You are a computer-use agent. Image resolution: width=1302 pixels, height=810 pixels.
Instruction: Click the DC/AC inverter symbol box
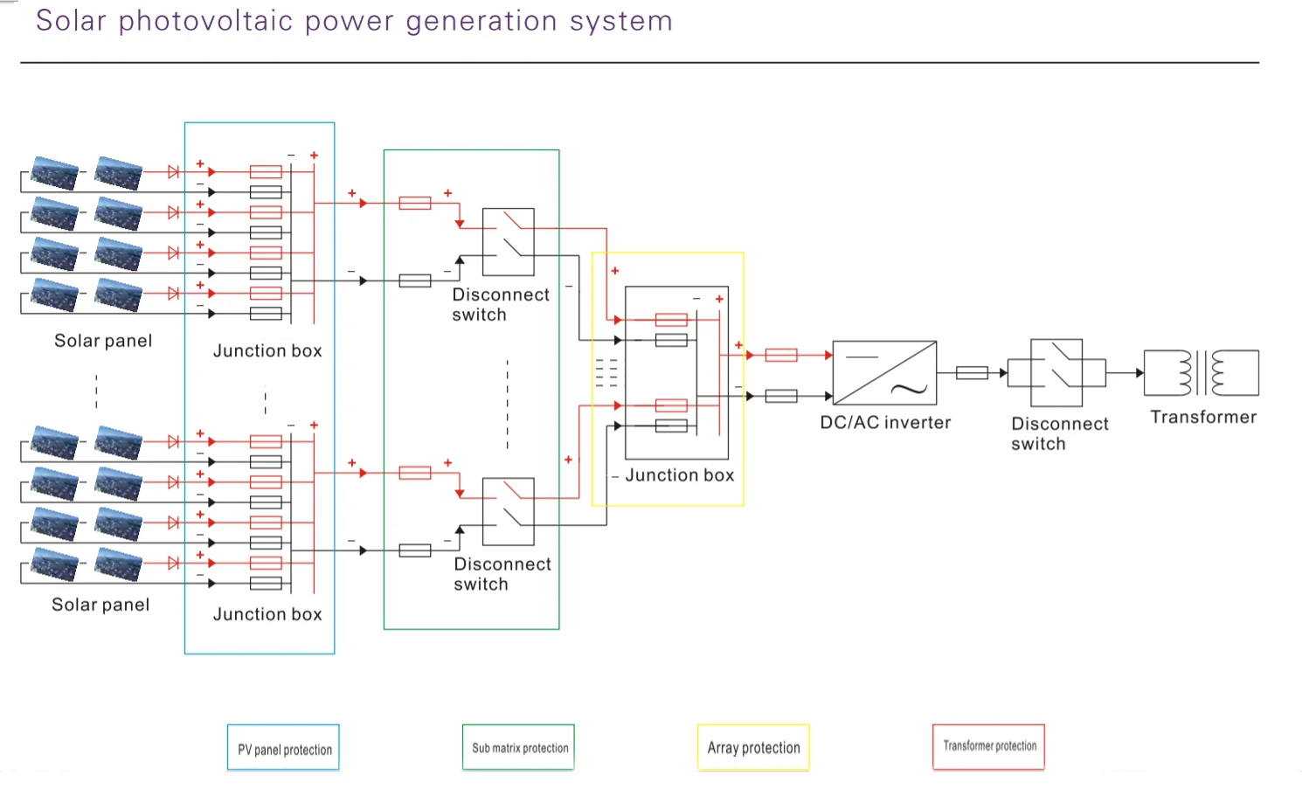click(884, 372)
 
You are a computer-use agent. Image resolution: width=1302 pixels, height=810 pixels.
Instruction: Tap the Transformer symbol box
click(1202, 373)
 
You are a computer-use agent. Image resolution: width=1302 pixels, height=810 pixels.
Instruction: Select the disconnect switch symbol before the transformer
click(1056, 373)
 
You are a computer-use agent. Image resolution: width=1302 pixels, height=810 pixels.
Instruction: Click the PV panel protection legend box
click(283, 748)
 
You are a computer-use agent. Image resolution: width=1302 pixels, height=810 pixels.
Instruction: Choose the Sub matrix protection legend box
click(518, 747)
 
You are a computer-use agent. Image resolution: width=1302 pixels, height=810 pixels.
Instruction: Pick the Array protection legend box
click(753, 747)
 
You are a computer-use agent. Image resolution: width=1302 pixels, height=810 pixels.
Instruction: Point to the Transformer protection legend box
click(988, 746)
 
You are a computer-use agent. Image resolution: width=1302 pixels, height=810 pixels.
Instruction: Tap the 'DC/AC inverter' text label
click(885, 423)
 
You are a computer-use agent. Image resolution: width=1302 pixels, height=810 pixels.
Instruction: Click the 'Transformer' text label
click(1203, 418)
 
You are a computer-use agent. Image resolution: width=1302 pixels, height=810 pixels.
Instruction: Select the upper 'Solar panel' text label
click(103, 341)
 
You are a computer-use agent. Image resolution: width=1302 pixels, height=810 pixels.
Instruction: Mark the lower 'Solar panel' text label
click(100, 605)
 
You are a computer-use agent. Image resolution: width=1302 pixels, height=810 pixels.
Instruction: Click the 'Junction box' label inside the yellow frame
click(679, 475)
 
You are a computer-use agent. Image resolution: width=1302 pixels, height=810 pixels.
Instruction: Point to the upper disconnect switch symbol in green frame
click(508, 242)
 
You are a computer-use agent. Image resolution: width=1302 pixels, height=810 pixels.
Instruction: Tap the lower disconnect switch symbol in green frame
click(508, 511)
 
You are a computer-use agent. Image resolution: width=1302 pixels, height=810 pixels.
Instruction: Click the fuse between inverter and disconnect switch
click(972, 373)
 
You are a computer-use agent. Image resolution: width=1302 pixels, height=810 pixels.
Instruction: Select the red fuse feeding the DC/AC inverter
click(780, 355)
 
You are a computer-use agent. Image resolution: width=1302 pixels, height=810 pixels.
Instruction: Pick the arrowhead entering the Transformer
click(1139, 373)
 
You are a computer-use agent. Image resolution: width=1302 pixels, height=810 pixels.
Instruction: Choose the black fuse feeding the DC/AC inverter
click(780, 396)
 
